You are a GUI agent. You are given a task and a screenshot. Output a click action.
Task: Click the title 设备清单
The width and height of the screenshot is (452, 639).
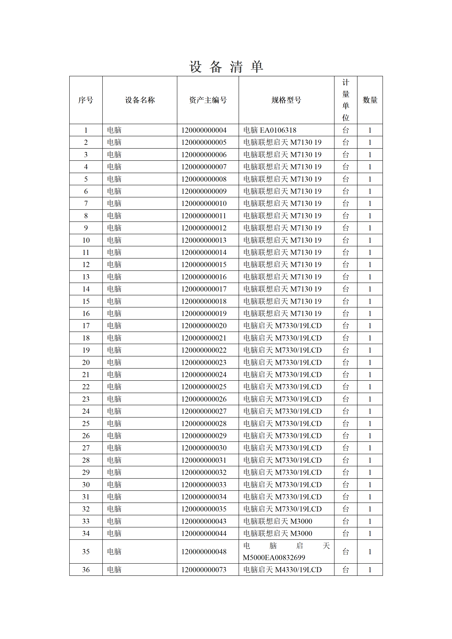[226, 67]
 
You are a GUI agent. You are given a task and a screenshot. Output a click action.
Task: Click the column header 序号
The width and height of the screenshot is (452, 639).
[86, 100]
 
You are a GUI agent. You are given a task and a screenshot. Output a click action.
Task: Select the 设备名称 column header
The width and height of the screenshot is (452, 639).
[140, 100]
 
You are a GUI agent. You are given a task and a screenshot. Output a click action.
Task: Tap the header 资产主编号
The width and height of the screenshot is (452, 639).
[208, 100]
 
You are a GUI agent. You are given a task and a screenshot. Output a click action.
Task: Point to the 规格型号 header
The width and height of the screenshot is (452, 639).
[286, 100]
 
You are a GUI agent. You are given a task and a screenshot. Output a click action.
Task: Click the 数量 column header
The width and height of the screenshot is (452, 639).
[370, 100]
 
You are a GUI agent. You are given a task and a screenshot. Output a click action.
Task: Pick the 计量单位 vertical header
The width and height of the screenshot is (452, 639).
[346, 100]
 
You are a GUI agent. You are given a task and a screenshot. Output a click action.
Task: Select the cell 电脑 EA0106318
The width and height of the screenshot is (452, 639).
[270, 130]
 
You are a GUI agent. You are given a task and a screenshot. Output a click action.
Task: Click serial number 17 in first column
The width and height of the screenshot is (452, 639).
[86, 326]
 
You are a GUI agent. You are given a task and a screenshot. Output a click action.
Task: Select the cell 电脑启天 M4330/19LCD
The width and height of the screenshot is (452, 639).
[282, 570]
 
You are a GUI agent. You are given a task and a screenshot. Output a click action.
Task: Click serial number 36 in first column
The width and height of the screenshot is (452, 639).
[86, 570]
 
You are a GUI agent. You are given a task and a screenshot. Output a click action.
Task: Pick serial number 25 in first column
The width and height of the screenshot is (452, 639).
[86, 424]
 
